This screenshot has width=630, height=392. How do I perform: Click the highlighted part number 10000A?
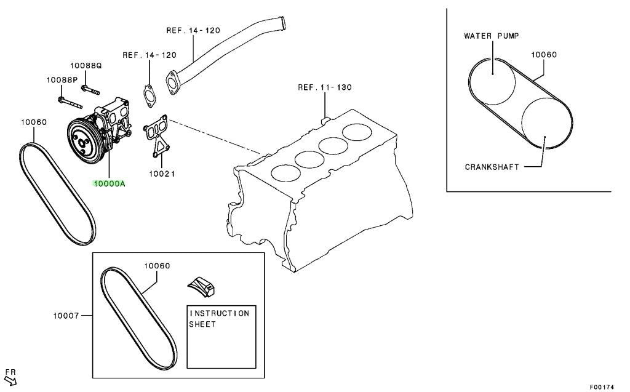pyautogui.click(x=110, y=184)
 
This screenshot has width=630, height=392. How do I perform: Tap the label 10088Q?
pyautogui.click(x=86, y=65)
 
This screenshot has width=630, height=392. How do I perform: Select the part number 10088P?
pyautogui.click(x=62, y=79)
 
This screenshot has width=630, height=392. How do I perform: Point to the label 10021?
pyautogui.click(x=162, y=174)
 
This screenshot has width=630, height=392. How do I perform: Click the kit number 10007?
pyautogui.click(x=66, y=316)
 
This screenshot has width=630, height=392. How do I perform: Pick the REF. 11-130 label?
pyautogui.click(x=325, y=87)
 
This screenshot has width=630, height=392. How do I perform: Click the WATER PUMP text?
pyautogui.click(x=492, y=36)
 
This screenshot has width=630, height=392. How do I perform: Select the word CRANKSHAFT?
pyautogui.click(x=492, y=167)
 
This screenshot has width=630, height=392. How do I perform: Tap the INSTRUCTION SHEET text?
pyautogui.click(x=220, y=318)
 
